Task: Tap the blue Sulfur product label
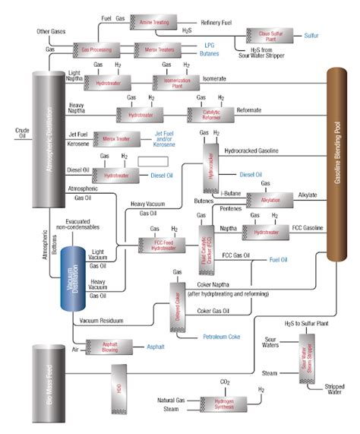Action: tap(312, 35)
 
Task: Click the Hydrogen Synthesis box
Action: tap(224, 404)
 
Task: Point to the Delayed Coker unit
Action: tap(180, 303)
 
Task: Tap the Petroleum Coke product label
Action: tap(225, 336)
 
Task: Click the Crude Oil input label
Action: tap(22, 133)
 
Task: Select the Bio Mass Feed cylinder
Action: tap(49, 384)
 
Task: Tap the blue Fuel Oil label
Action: tap(277, 260)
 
